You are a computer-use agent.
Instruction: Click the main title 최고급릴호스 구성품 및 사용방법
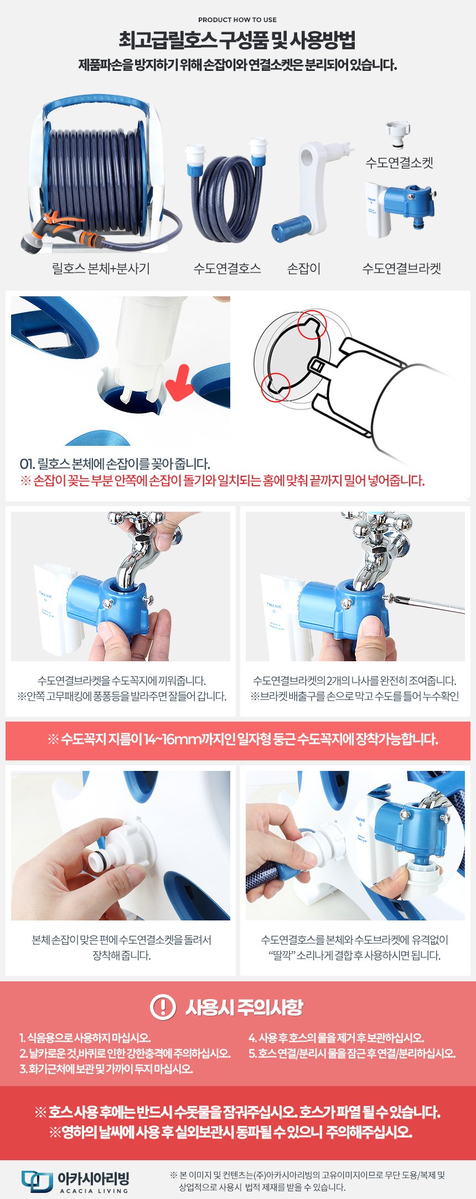(x=237, y=40)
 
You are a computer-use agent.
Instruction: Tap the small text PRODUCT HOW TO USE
(x=237, y=19)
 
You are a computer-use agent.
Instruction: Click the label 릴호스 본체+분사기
(x=101, y=269)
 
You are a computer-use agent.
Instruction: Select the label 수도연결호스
(x=227, y=269)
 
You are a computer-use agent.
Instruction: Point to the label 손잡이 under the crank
(x=304, y=269)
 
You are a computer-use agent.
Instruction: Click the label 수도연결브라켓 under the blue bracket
(x=402, y=269)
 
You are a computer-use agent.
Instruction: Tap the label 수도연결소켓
(x=399, y=163)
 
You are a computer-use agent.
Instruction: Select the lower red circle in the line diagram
(x=276, y=387)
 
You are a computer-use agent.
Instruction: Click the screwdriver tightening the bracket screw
(x=426, y=603)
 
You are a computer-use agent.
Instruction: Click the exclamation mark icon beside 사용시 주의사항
(x=163, y=1007)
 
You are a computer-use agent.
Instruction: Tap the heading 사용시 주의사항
(x=244, y=1007)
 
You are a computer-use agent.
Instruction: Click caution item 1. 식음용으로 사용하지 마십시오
(x=85, y=1038)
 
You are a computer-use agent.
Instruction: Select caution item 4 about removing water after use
(x=336, y=1038)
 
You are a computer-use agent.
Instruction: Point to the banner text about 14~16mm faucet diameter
(x=243, y=739)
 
